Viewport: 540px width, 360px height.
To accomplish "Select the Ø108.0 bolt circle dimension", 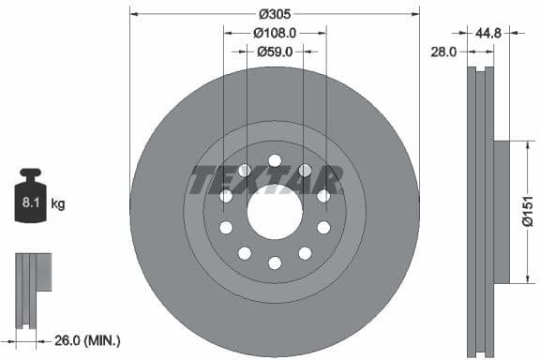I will [275, 32].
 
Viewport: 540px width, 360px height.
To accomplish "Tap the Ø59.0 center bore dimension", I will [275, 52].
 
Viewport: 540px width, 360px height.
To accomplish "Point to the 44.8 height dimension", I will [487, 32].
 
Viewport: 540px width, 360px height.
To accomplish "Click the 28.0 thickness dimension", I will [442, 52].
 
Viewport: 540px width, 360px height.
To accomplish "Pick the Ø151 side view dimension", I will [527, 212].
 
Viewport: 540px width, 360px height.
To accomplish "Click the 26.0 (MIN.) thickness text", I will [87, 339].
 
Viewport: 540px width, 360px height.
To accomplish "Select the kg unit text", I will [57, 202].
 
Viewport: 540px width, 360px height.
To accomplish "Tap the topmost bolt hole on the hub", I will [275, 160].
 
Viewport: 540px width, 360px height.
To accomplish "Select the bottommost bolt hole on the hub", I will [275, 263].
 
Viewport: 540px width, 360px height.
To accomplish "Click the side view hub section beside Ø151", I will [501, 212].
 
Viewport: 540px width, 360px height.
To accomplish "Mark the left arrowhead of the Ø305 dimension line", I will [133, 13].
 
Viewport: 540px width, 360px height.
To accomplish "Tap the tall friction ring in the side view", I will [480, 212].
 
